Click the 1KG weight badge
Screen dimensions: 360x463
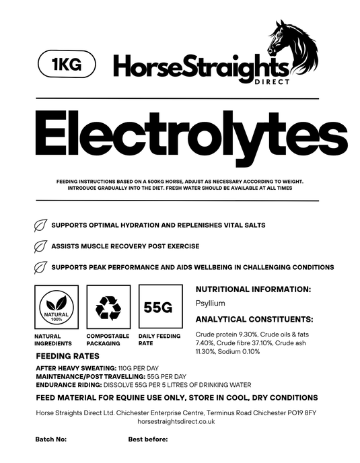pos(66,64)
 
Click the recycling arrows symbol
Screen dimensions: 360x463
pos(108,307)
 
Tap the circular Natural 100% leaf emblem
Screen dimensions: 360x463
pos(57,308)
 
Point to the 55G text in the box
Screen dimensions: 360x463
pos(159,308)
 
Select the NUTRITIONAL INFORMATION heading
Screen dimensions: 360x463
pos(252,289)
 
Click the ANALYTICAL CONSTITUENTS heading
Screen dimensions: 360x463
pos(254,318)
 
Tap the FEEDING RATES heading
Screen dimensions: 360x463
pos(67,356)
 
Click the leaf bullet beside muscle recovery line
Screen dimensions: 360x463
pos(40,246)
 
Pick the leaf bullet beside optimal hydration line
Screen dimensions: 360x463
pos(40,225)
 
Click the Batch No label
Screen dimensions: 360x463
pos(51,439)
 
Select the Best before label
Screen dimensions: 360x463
pos(147,439)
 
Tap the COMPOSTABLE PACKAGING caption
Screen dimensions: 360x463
pos(108,339)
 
